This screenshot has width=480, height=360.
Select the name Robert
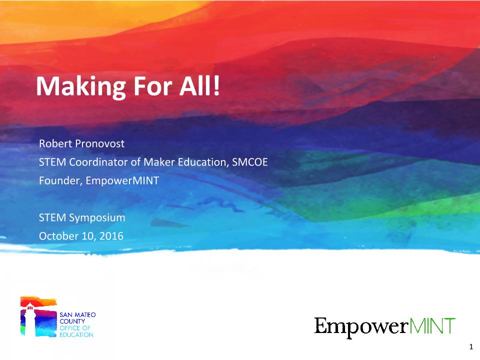click(54, 144)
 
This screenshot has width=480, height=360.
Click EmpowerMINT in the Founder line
click(122, 180)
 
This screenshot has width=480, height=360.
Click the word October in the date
click(55, 235)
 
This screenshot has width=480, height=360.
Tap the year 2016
click(112, 235)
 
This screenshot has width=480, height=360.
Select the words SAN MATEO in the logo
click(77, 315)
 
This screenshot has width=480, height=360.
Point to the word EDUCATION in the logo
click(76, 334)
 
